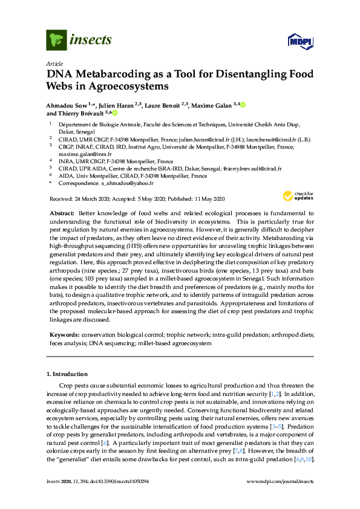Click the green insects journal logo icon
pyautogui.click(x=56, y=40)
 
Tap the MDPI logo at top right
pyautogui.click(x=298, y=41)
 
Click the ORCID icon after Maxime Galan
pyautogui.click(x=243, y=105)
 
